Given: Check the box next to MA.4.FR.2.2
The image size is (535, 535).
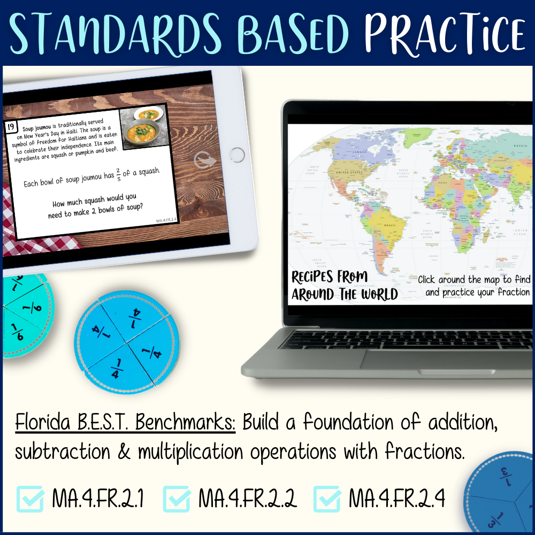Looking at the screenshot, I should click(176, 498).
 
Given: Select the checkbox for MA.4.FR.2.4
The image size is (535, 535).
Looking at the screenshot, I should click(326, 498).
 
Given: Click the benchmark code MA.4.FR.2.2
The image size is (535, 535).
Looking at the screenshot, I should click(247, 499).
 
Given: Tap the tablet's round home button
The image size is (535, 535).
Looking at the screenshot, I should click(237, 156).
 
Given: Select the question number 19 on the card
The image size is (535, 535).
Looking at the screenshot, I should click(11, 127).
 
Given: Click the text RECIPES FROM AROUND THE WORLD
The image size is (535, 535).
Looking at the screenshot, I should click(344, 285).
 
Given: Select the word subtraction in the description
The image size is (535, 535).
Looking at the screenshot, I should click(69, 452).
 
